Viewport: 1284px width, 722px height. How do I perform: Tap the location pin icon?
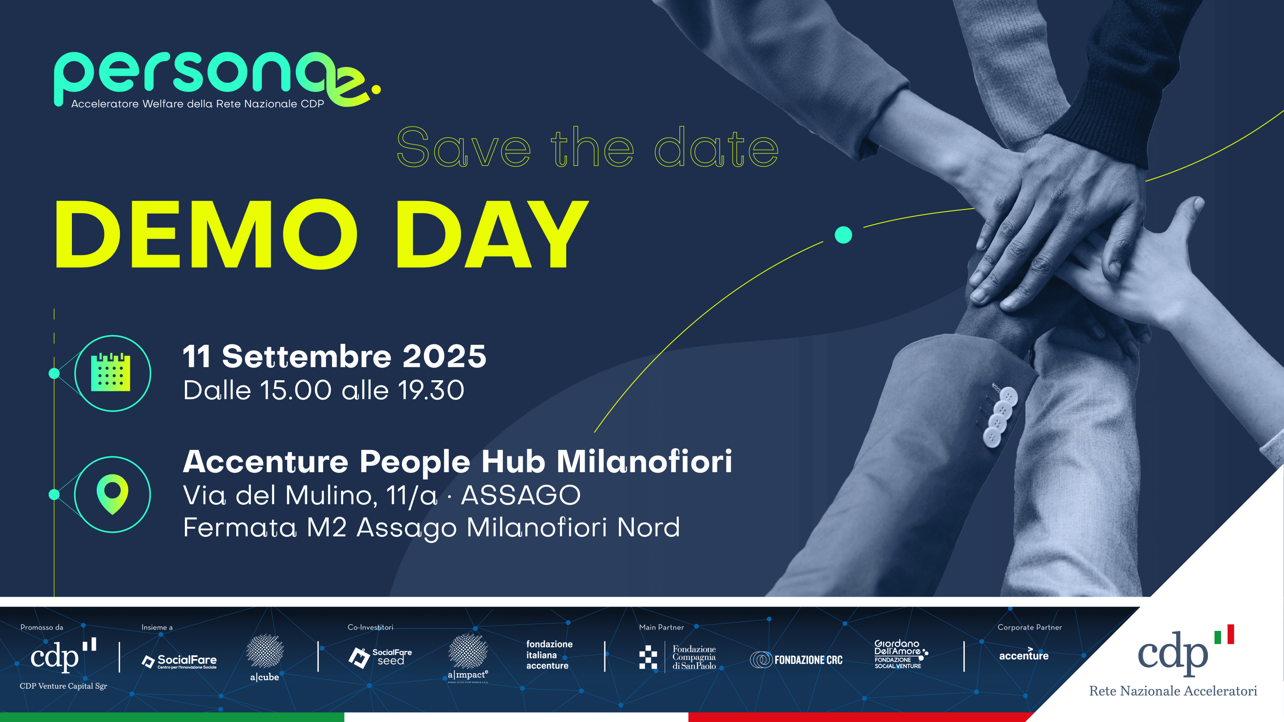tap(112, 494)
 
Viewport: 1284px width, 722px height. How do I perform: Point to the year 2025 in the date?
tap(444, 356)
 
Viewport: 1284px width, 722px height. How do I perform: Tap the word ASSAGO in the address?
tap(521, 495)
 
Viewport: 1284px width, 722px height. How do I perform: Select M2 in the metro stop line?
tap(327, 527)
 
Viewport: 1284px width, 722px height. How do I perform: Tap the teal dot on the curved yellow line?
tap(843, 235)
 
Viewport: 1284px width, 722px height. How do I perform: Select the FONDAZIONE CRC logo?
tap(796, 660)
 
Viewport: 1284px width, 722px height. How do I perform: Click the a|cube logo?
tap(265, 658)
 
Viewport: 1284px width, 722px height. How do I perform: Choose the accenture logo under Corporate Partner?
tap(1024, 655)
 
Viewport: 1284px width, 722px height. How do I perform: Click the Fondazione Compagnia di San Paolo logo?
tap(678, 657)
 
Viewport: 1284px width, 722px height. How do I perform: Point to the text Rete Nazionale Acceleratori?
tap(1173, 691)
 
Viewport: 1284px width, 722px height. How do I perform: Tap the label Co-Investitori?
tap(370, 627)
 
